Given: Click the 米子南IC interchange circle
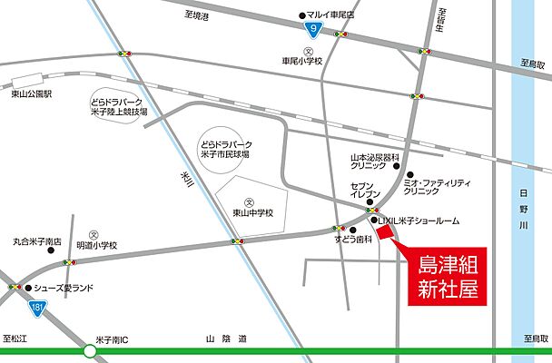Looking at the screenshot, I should pyautogui.click(x=90, y=350).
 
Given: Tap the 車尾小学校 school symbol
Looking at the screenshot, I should pyautogui.click(x=308, y=51).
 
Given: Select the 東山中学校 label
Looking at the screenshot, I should pyautogui.click(x=251, y=214).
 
